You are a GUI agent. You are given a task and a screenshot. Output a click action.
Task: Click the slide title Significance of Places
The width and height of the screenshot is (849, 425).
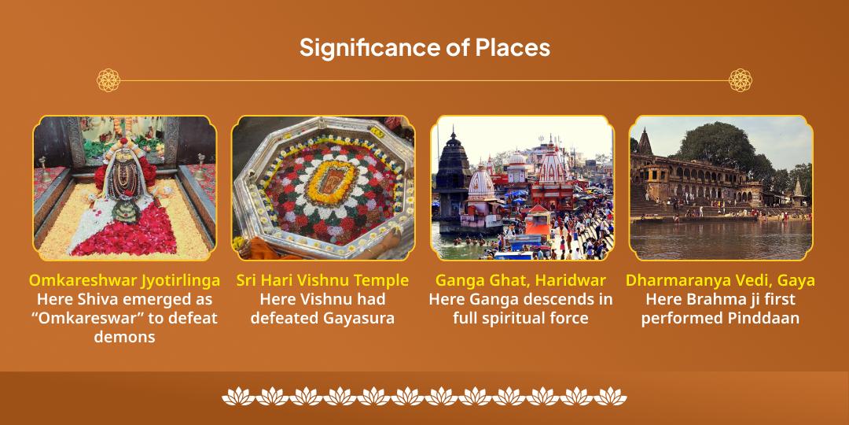coord(424,47)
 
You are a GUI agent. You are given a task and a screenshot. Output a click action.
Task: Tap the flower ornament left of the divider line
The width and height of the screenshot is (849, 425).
coord(108,79)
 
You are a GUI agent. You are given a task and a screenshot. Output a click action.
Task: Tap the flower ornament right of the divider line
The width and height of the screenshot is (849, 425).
coord(740,79)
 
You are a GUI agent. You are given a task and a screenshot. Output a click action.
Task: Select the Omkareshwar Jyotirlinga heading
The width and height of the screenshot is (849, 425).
coord(124,280)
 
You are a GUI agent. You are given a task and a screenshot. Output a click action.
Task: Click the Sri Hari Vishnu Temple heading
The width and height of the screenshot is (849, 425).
coord(322,280)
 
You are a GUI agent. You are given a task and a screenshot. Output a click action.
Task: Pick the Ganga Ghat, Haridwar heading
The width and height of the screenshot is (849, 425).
coord(520,280)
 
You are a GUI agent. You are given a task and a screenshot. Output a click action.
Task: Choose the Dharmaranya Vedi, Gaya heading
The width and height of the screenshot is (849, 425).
coord(720,280)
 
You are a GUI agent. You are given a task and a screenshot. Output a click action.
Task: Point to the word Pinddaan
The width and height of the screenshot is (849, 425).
coord(759,318)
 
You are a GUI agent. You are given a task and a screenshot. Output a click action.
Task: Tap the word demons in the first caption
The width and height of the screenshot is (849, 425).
coord(124,337)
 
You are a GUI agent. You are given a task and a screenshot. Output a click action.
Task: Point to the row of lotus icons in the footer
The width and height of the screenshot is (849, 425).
coord(424,396)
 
